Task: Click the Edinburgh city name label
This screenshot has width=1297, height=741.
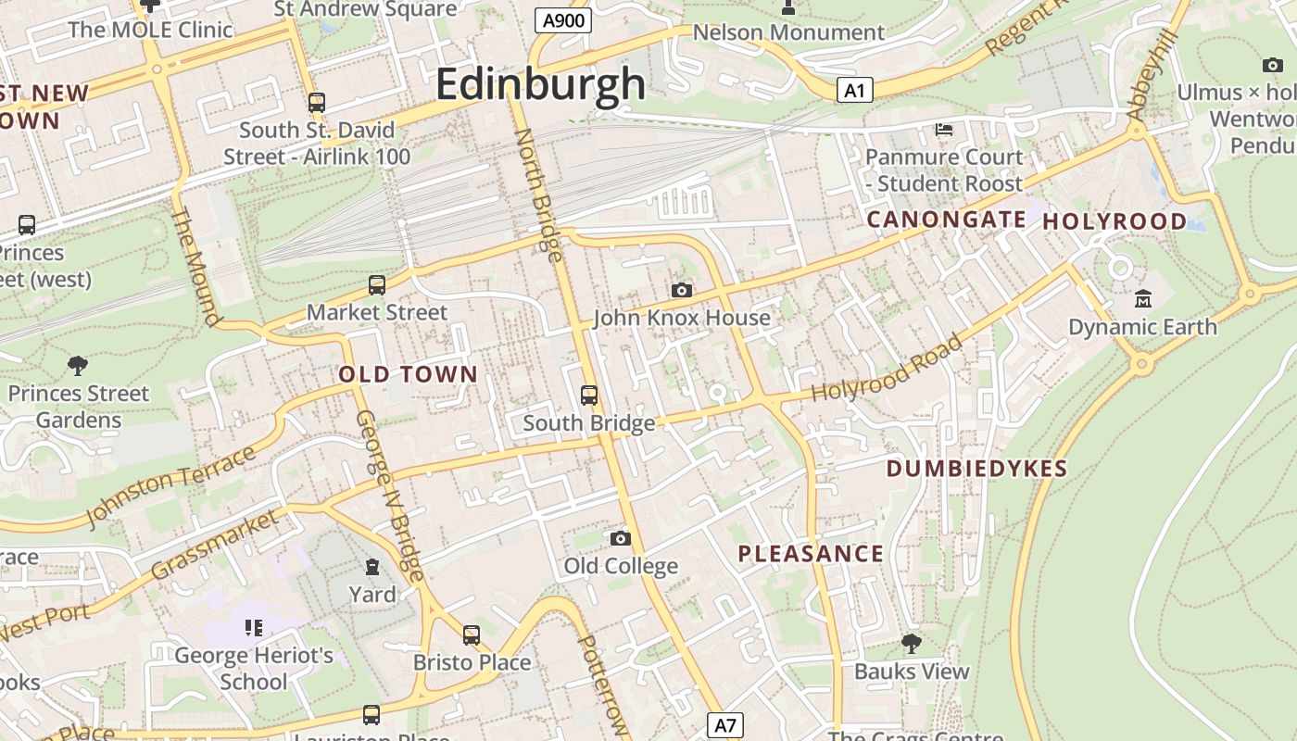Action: (x=540, y=84)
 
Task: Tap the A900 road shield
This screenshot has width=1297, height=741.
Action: (x=563, y=20)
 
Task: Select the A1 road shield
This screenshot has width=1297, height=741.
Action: (x=854, y=90)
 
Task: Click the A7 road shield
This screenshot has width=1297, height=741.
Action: (x=725, y=724)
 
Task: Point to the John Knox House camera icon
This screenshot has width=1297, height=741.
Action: (x=682, y=291)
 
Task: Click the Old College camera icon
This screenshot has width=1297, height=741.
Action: (x=621, y=538)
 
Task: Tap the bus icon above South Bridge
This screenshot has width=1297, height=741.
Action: (x=589, y=396)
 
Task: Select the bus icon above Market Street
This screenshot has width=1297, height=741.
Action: (x=377, y=285)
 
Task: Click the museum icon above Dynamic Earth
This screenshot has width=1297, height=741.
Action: (x=1143, y=299)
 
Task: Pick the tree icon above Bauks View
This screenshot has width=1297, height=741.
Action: (x=912, y=643)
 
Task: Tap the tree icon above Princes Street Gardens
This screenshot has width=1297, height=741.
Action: (x=78, y=366)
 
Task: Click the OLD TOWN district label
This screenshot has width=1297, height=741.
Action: (x=409, y=375)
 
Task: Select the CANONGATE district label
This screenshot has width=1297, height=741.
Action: (x=946, y=220)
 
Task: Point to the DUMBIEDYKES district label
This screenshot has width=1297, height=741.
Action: (x=977, y=469)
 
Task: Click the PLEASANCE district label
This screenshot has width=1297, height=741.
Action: (x=811, y=554)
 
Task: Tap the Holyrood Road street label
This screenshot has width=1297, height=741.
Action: (x=887, y=370)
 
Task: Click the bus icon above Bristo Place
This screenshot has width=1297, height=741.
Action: (x=472, y=635)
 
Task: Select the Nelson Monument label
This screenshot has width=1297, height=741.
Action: (x=788, y=32)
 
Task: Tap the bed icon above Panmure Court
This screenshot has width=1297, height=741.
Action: (x=944, y=130)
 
